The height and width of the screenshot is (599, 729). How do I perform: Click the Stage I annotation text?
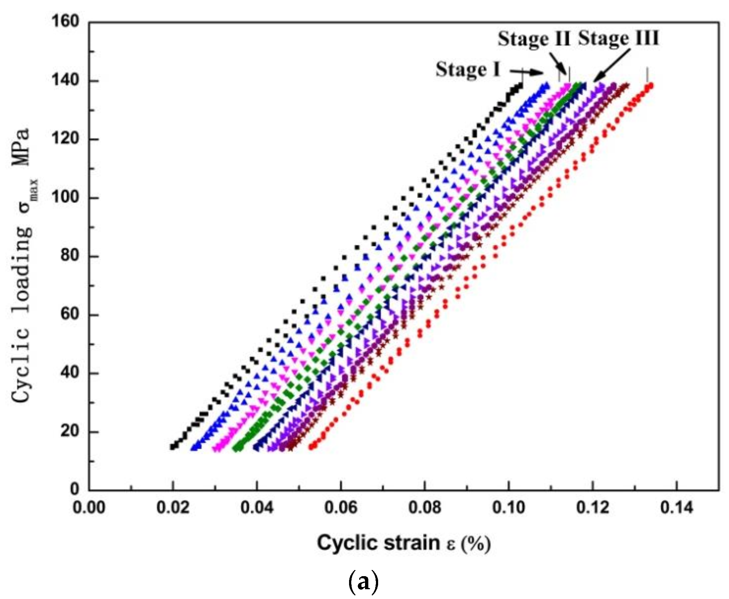coord(468,70)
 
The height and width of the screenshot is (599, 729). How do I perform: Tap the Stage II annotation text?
coord(534,39)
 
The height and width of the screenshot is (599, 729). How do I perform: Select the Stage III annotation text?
coord(618,38)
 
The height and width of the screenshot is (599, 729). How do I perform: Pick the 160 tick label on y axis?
coord(65,21)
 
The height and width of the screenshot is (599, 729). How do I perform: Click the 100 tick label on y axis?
coord(65,197)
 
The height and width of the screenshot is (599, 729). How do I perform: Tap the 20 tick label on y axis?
coord(70,431)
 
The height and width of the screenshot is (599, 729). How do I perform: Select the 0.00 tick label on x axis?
coord(89,507)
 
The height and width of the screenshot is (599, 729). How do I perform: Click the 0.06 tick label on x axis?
coord(341,507)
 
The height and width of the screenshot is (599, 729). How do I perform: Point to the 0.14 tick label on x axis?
coord(676,507)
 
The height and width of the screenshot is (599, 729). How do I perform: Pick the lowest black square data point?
coord(173,447)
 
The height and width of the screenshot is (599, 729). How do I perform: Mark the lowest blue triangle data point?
coord(194,448)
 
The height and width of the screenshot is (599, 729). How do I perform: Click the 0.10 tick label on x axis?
coord(509,507)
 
